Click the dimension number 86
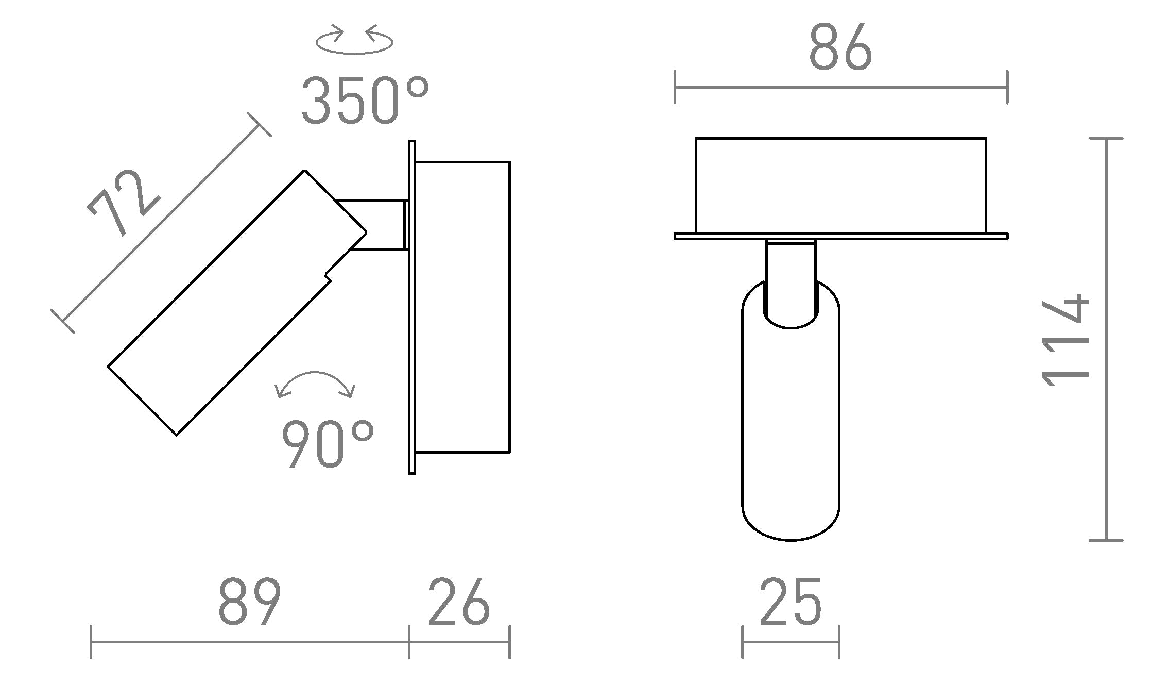tap(840, 48)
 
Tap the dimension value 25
tap(790, 602)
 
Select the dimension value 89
tap(249, 602)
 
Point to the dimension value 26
tap(458, 602)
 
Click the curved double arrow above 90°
tap(315, 385)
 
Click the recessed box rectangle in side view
tap(462, 307)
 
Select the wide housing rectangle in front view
tap(840, 186)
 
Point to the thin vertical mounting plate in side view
tap(411, 307)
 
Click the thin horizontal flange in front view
tap(840, 236)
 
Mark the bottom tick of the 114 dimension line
tap(1106, 540)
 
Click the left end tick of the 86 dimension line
tap(675, 88)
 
